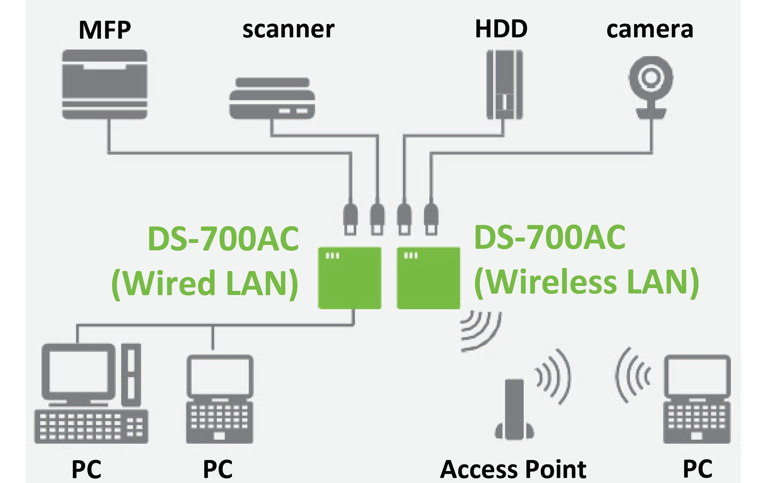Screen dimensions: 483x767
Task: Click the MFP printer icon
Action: (105, 84)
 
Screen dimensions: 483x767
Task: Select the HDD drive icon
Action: (504, 85)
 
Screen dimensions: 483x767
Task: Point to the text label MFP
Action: (105, 30)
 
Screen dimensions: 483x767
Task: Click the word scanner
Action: (288, 30)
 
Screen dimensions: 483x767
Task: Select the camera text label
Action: (650, 30)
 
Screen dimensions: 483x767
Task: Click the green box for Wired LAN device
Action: (349, 278)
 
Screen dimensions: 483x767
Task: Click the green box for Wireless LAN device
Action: (428, 278)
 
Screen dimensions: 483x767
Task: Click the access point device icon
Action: (514, 410)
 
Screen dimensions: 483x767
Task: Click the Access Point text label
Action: (513, 469)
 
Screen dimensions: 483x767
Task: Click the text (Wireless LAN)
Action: (586, 282)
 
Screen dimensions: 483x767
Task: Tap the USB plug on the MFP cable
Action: (350, 220)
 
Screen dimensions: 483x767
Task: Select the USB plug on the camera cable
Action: (431, 220)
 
